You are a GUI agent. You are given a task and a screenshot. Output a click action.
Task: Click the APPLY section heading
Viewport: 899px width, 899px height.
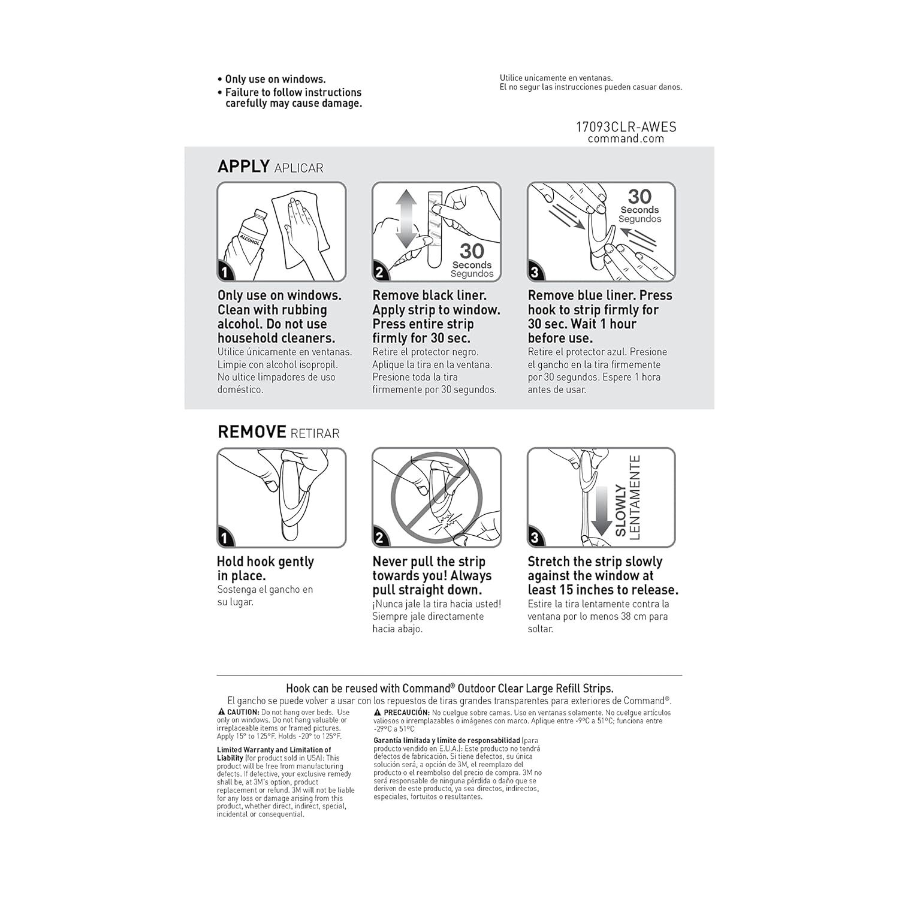point(243,166)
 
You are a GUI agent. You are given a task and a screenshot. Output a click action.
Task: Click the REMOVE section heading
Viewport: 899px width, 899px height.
point(252,432)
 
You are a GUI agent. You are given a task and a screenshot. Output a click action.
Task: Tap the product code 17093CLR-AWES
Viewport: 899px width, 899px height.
point(626,126)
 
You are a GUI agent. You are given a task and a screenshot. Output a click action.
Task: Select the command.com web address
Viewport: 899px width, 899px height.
point(626,139)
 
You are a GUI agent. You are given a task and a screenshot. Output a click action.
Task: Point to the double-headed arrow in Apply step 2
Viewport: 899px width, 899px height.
point(406,219)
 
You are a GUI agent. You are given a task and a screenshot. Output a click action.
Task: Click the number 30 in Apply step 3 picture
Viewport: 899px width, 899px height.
point(639,197)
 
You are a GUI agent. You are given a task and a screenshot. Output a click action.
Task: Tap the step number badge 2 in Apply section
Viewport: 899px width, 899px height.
point(379,273)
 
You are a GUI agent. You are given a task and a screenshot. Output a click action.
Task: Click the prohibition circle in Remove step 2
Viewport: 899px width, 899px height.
point(436,496)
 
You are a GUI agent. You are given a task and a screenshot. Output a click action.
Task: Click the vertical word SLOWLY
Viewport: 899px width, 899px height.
point(621,510)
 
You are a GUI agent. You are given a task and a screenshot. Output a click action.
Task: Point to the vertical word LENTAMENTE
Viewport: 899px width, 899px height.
point(635,497)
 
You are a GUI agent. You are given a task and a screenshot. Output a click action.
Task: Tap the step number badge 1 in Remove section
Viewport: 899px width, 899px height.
point(224,538)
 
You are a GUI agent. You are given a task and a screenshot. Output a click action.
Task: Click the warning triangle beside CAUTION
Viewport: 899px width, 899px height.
point(221,712)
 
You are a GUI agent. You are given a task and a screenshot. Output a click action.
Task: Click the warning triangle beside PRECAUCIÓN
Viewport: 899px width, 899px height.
point(378,712)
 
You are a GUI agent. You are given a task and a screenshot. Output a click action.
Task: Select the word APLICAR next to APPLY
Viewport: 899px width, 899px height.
point(298,168)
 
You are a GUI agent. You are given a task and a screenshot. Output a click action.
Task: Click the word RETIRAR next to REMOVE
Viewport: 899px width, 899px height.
point(315,434)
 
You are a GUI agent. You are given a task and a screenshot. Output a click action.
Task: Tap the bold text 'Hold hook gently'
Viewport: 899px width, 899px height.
point(265,562)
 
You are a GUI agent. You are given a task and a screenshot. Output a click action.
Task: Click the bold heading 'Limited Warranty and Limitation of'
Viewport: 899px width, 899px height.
point(273,750)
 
